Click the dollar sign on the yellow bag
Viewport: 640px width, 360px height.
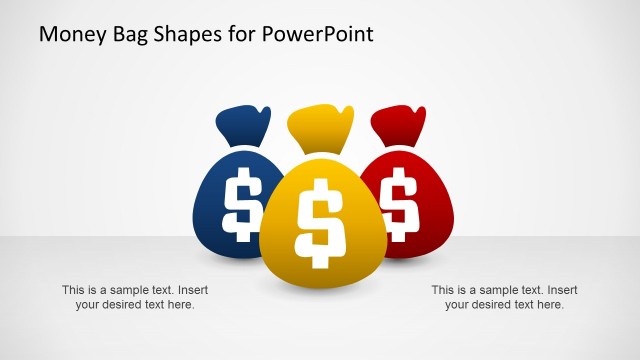point(320,222)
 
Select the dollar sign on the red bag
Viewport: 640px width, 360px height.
point(400,200)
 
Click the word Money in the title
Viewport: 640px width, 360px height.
point(69,35)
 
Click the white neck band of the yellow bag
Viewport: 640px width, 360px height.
point(320,154)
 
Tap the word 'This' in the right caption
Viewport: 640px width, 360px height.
point(443,290)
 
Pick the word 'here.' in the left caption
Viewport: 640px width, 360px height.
point(181,305)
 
